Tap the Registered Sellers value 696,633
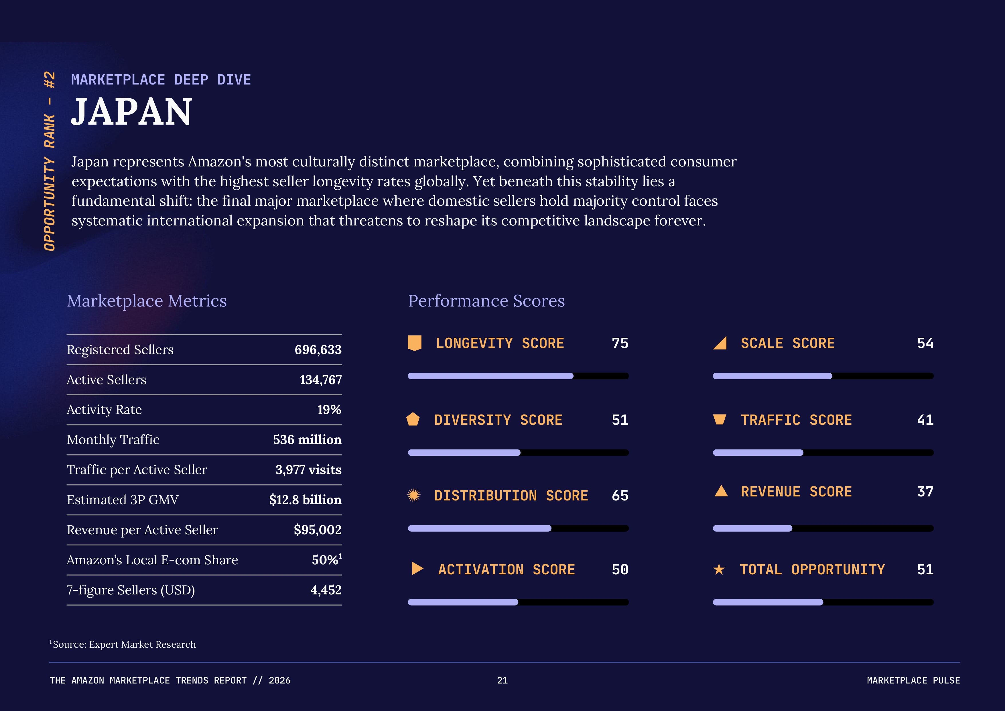click(318, 350)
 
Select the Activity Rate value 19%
click(329, 410)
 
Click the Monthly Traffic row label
click(113, 439)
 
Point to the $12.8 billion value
click(305, 500)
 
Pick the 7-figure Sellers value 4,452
click(326, 590)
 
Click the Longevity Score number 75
click(620, 343)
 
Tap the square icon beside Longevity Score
click(415, 343)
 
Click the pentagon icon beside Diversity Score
click(413, 419)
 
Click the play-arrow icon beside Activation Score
click(417, 569)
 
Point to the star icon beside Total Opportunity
click(719, 569)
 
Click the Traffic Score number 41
click(925, 420)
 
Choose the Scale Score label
click(787, 343)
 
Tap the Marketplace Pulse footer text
click(913, 680)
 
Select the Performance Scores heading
click(486, 301)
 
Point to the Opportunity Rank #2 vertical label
click(50, 161)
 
